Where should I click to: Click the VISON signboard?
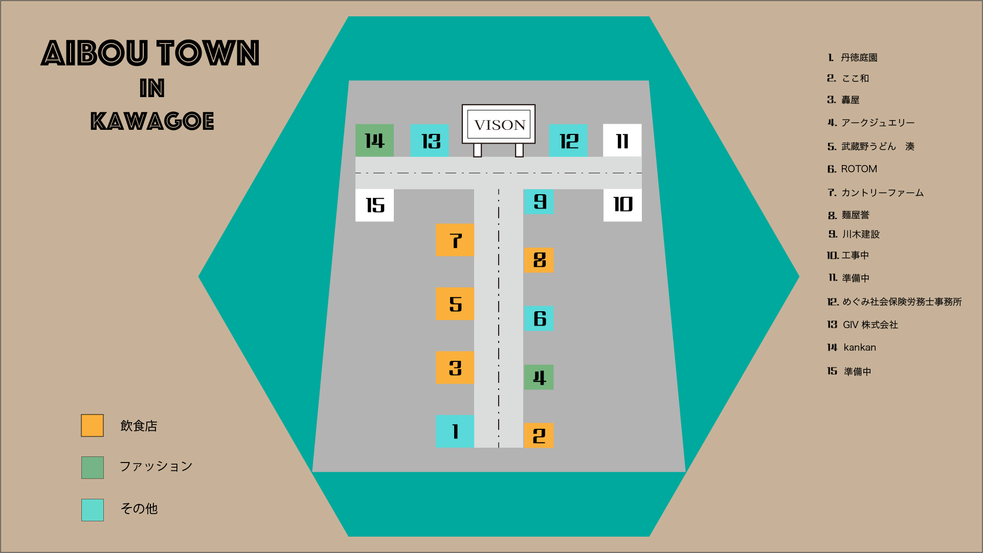click(x=499, y=124)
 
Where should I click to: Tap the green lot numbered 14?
click(x=374, y=141)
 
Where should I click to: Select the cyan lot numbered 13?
click(x=430, y=141)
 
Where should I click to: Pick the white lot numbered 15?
click(x=374, y=205)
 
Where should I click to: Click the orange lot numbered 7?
click(x=455, y=240)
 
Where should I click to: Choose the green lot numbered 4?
click(x=539, y=377)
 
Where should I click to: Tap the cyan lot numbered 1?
click(x=455, y=431)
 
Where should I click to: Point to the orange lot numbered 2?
click(x=539, y=435)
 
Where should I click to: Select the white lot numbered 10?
click(x=622, y=205)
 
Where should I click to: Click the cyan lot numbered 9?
click(x=539, y=201)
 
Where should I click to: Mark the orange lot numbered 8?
click(x=539, y=260)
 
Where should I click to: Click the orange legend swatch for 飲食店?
click(x=92, y=425)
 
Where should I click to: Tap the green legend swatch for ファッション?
click(x=92, y=467)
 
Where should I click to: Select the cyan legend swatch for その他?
click(x=92, y=510)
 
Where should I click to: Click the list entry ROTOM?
click(x=859, y=169)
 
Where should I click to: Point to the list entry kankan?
click(x=859, y=347)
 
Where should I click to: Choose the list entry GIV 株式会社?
click(x=870, y=325)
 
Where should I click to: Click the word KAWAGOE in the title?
click(x=152, y=121)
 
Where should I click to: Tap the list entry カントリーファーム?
click(x=882, y=193)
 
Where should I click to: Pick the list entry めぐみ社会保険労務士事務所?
click(x=902, y=302)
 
